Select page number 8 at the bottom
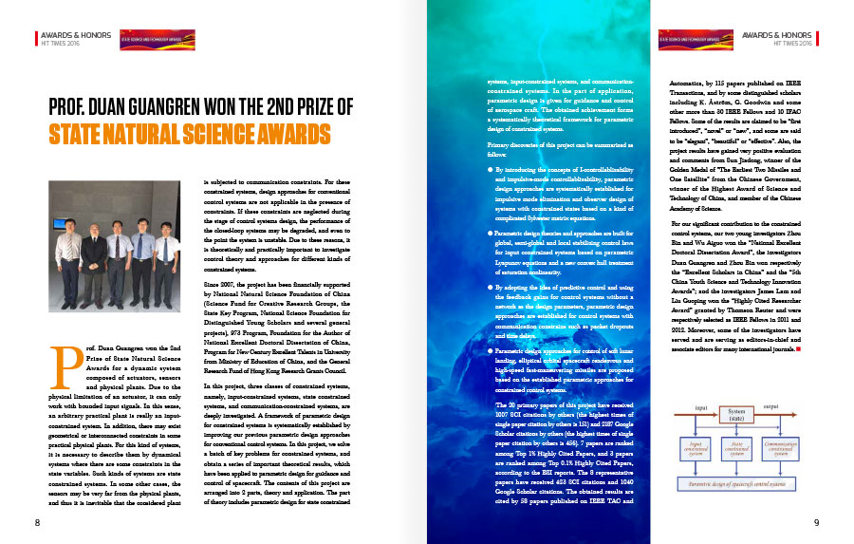click(x=37, y=521)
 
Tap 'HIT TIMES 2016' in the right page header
click(x=794, y=43)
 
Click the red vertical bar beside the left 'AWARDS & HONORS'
click(x=37, y=38)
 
